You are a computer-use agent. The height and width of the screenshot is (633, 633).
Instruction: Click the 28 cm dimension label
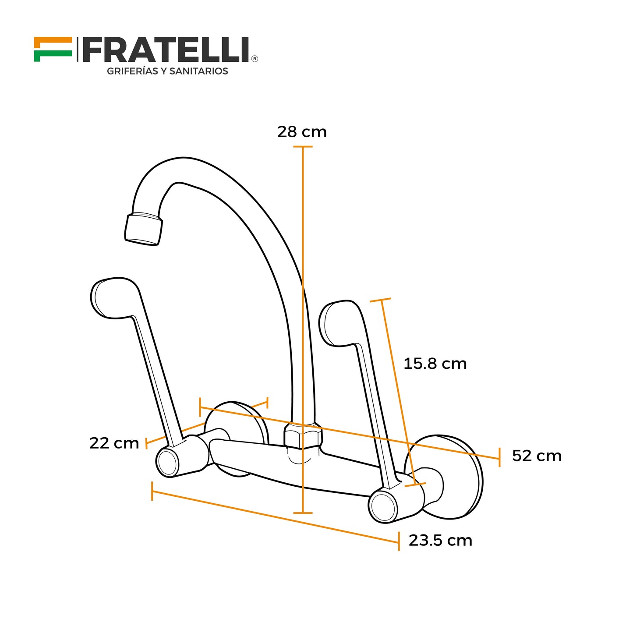[302, 132]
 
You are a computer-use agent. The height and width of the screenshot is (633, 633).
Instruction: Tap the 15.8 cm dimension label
[435, 364]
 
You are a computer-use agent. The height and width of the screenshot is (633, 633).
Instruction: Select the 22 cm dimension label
[114, 443]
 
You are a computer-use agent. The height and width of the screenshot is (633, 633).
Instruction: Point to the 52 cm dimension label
[537, 456]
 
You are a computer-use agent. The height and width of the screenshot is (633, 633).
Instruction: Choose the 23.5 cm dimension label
[440, 541]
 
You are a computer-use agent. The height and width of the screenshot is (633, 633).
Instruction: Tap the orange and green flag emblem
[53, 49]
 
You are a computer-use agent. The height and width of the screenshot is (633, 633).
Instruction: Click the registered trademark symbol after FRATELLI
[255, 58]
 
